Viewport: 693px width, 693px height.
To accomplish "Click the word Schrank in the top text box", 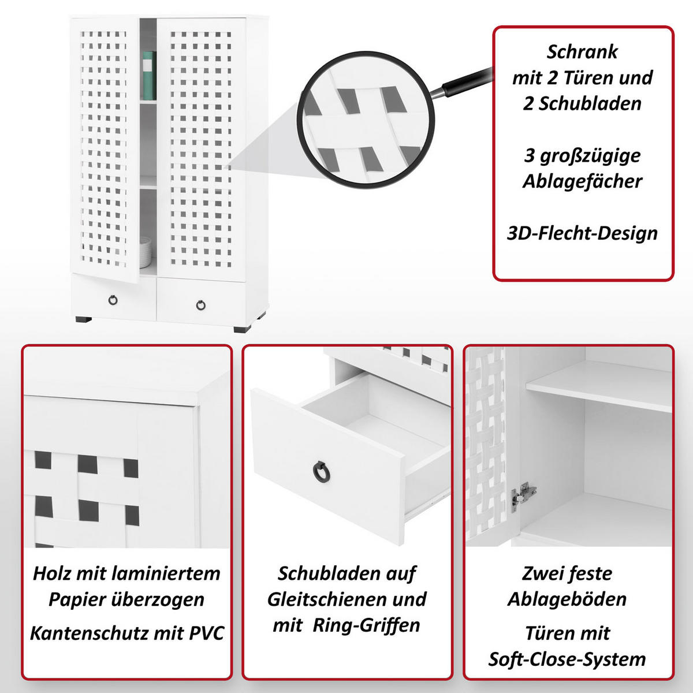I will tap(582, 52).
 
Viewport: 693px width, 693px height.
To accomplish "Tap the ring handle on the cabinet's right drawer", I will tap(200, 304).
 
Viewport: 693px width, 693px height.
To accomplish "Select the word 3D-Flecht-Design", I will tap(582, 233).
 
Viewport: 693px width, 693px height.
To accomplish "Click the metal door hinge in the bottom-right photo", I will tap(523, 495).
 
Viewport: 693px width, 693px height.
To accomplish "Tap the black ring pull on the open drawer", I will tap(319, 471).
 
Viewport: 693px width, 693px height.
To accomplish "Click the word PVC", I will tap(207, 633).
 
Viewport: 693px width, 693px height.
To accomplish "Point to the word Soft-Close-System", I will tap(567, 659).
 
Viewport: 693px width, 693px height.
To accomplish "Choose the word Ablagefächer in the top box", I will tap(582, 181).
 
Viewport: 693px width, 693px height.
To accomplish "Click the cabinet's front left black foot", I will tap(83, 319).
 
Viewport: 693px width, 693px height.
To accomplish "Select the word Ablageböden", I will tap(567, 599).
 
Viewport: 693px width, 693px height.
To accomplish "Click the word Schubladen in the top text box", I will tap(582, 103).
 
